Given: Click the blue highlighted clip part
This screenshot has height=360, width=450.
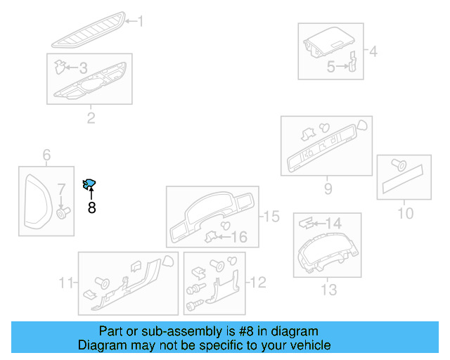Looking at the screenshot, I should point(89,185).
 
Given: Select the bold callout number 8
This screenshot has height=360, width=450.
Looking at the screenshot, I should point(91,207).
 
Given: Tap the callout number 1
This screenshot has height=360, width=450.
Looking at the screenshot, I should point(139,22).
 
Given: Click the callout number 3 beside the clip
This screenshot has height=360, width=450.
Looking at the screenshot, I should point(83,68).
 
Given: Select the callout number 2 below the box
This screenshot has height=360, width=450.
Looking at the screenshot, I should point(91,117).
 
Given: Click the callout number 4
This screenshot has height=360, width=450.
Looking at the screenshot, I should point(373,51).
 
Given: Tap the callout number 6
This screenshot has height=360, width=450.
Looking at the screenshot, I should point(46,155).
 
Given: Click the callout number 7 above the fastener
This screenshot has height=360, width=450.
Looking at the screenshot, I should point(61,188).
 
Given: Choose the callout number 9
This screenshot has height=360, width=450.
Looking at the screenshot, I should point(328,188).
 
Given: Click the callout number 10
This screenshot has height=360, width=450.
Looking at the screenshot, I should point(406,212).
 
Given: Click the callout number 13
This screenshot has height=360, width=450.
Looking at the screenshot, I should point(328,289).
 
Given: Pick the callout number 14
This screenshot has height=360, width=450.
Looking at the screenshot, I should point(333,223).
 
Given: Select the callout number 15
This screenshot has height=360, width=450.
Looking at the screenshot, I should point(271,217).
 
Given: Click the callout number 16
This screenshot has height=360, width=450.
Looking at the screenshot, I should point(239,237).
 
